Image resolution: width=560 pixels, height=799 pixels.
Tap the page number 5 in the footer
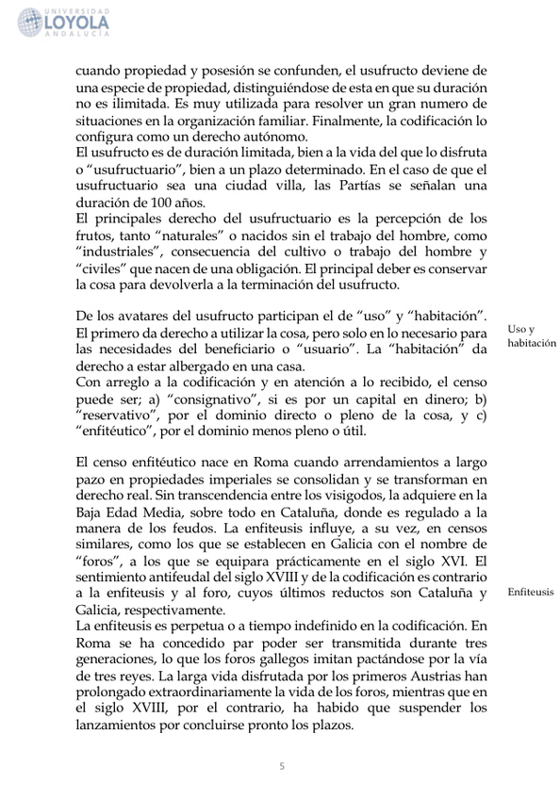point(281,765)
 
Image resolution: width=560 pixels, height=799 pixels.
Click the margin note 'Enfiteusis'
point(530,592)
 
